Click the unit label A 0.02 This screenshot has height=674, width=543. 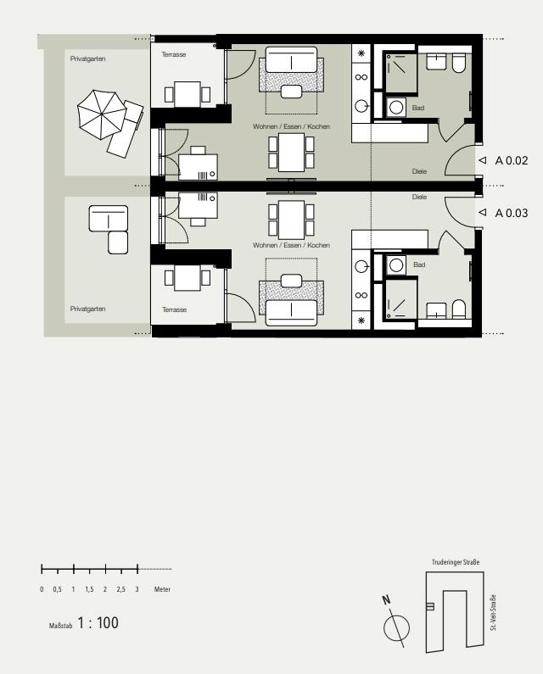pos(512,160)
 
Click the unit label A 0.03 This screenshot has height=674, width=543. pos(512,213)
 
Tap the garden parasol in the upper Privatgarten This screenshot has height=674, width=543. pos(102,114)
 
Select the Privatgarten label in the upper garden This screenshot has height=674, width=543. pos(87,58)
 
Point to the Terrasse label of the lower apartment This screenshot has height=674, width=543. pos(174,309)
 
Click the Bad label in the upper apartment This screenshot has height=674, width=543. pos(418,108)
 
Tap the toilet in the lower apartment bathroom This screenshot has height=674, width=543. pos(459,309)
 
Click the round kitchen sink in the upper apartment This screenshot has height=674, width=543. pos(361,106)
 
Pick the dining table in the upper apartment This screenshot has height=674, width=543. pos(291,152)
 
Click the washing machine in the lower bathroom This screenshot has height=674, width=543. pos(396,265)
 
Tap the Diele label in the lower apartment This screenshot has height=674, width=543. pos(419,197)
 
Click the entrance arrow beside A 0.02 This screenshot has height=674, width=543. pos(483,160)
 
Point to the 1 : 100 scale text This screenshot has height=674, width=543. pos(98,623)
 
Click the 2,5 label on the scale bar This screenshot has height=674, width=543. pos(121,589)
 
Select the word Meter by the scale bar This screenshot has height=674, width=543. pos(162,589)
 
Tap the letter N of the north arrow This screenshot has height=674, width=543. pos(386,600)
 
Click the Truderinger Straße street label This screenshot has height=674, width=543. pos(456,562)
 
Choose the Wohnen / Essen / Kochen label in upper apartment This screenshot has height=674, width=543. pos(291,126)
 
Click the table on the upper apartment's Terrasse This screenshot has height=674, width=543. pos(188,94)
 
